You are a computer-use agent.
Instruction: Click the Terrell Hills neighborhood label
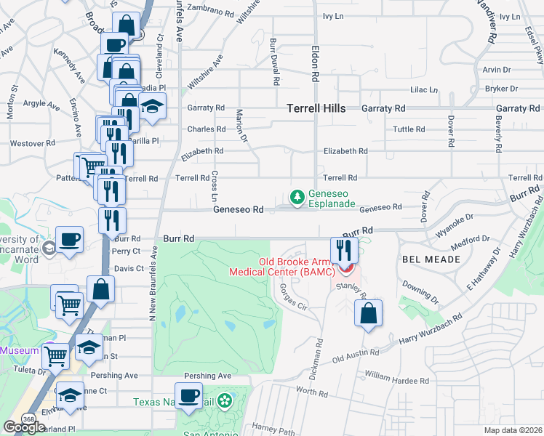[316, 108]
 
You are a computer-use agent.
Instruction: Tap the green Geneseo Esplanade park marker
[297, 196]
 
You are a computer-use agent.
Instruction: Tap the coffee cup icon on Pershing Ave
[189, 396]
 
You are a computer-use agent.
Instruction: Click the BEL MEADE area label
[431, 259]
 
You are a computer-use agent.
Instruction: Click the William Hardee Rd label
[397, 379]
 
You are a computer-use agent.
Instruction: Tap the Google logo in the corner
[24, 427]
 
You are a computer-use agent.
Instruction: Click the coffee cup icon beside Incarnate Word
[70, 239]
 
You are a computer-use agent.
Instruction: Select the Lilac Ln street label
[424, 89]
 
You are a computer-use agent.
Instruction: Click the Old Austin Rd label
[356, 356]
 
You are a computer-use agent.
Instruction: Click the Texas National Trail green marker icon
[224, 401]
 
